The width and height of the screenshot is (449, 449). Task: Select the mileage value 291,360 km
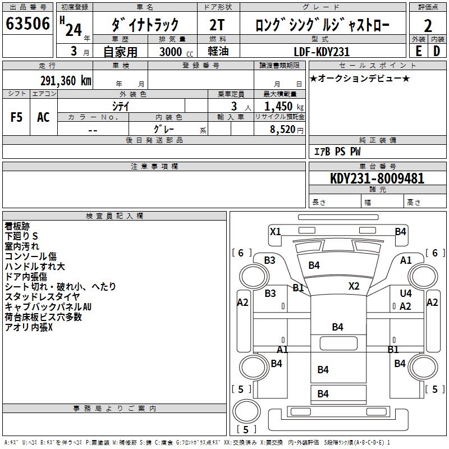tap(66, 80)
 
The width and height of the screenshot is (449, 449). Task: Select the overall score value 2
tap(428, 25)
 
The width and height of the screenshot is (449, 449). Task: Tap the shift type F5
tap(16, 117)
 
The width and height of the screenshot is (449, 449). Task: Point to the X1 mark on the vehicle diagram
tap(275, 231)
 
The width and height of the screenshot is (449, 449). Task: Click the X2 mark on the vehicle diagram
tap(354, 286)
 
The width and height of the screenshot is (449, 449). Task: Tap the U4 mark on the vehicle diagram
tap(405, 294)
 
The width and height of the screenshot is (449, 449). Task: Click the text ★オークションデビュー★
tap(360, 78)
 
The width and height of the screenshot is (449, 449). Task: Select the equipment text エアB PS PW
tap(337, 152)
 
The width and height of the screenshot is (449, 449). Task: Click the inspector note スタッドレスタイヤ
tap(43, 297)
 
